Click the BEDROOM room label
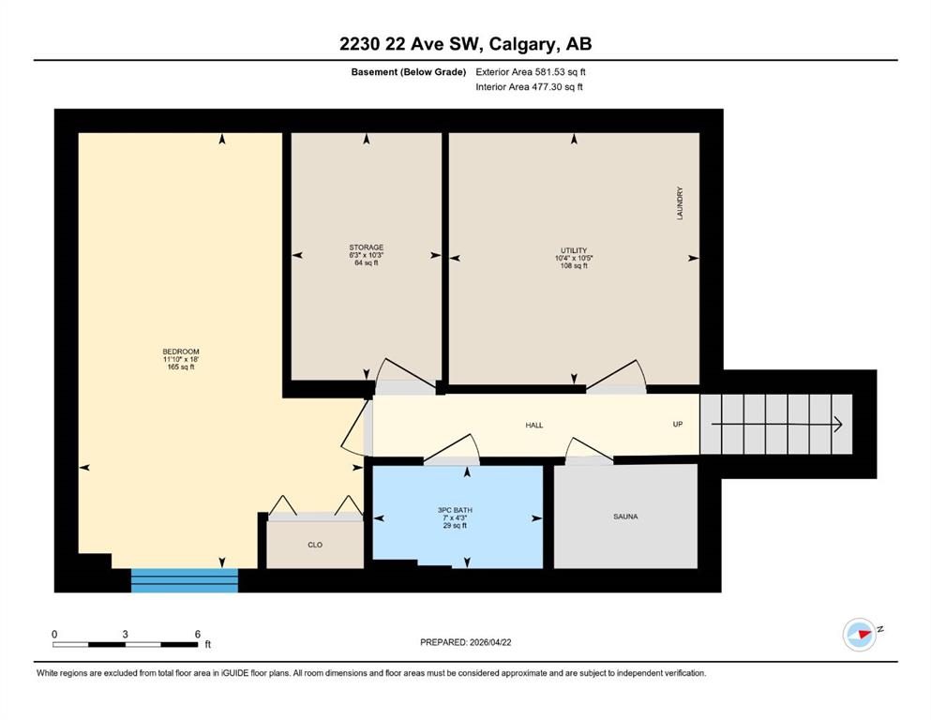tap(181, 352)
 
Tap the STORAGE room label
tap(367, 247)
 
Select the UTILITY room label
tap(574, 250)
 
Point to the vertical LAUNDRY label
tap(680, 203)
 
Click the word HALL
tap(534, 425)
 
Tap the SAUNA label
tap(625, 517)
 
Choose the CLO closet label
tap(315, 545)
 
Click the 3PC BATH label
tap(455, 510)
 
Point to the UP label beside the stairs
tap(678, 425)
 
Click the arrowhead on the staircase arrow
tap(839, 425)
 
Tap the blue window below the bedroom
tap(185, 580)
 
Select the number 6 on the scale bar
tap(198, 634)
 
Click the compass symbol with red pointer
tap(860, 635)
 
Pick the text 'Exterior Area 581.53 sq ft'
tap(531, 72)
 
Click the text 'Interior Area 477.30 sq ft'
tap(529, 86)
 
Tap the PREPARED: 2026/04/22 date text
tap(465, 642)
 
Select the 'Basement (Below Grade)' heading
tap(409, 72)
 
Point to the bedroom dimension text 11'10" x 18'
tap(181, 359)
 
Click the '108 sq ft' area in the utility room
tap(574, 266)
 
